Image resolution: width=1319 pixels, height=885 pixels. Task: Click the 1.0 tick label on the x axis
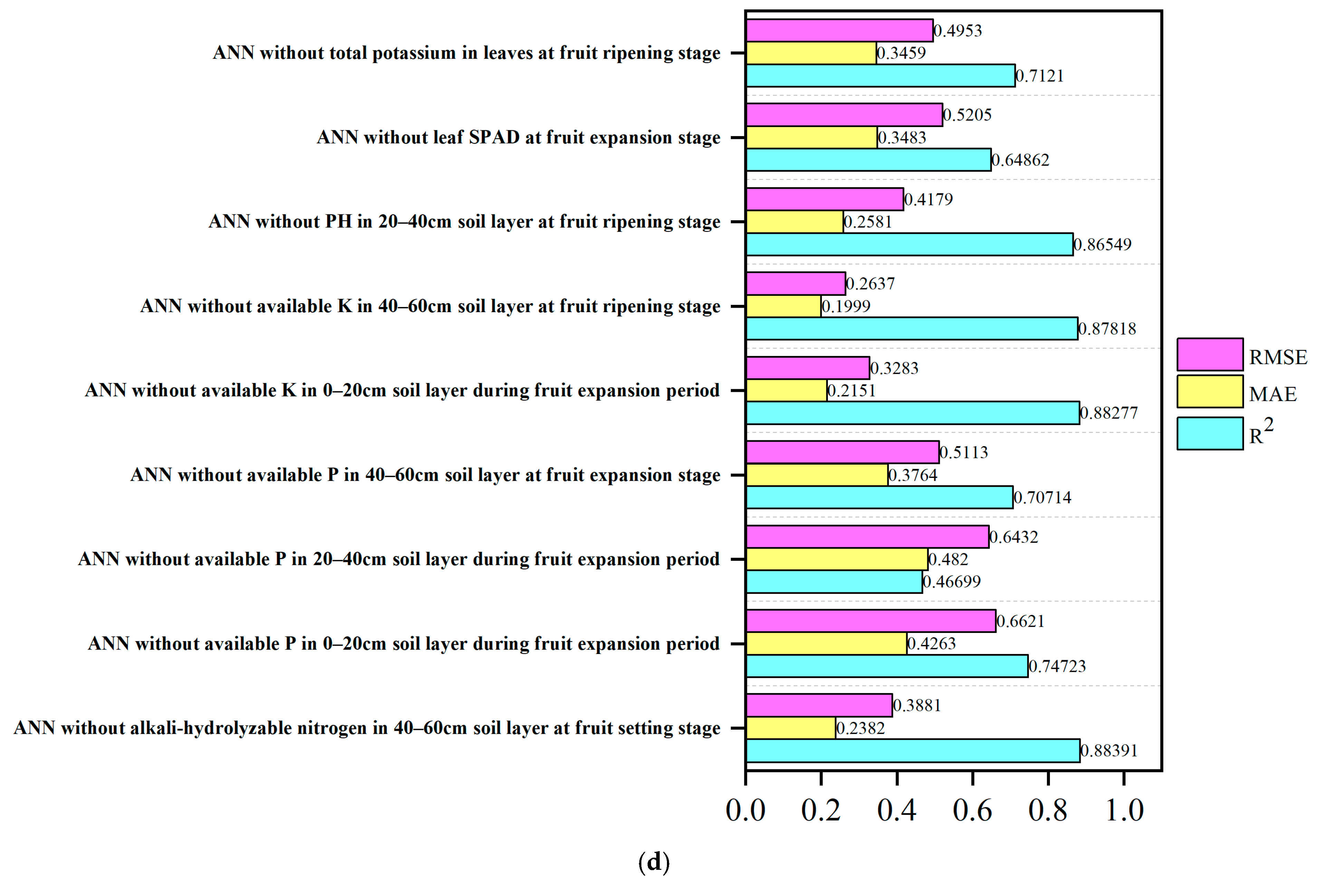[1124, 811]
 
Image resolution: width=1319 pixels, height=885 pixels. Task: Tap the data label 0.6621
[1021, 622]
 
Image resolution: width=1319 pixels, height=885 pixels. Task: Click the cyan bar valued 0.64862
[868, 160]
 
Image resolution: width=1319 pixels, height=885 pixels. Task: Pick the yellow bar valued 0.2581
[794, 222]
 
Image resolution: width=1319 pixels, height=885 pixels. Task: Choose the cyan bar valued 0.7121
[880, 76]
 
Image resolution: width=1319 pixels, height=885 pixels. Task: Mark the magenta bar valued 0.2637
[795, 283]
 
